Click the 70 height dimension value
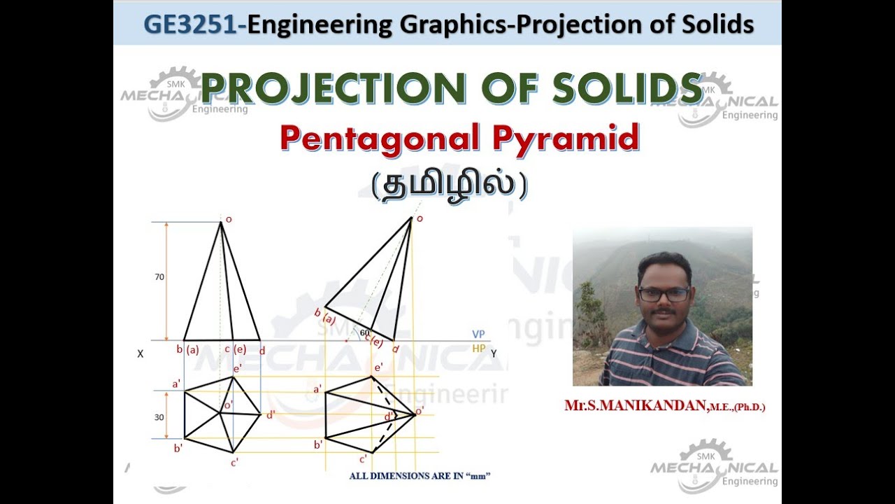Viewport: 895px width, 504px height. tap(159, 277)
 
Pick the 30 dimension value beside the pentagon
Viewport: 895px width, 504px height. tap(159, 417)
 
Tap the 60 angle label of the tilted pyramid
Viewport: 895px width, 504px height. tap(364, 332)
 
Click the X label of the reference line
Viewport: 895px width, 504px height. tap(141, 354)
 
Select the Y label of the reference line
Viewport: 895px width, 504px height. tap(494, 354)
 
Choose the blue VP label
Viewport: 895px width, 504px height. tap(479, 335)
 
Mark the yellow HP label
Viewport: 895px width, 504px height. tap(479, 348)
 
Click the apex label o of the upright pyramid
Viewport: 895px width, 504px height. tap(229, 219)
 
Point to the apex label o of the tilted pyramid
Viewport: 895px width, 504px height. tap(420, 219)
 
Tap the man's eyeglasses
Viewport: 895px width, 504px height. tap(664, 295)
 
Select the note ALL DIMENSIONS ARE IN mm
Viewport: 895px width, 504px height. tap(420, 477)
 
